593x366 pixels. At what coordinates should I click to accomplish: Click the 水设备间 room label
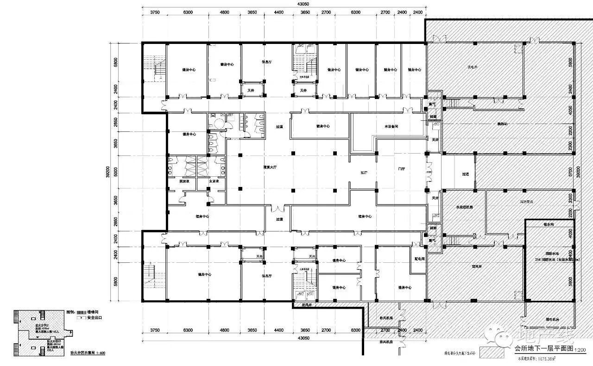click(x=391, y=126)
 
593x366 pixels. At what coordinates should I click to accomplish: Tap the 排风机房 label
click(x=386, y=342)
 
